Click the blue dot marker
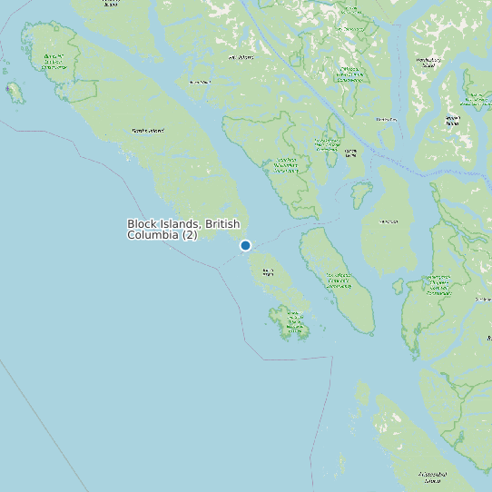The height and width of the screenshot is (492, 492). click(x=245, y=245)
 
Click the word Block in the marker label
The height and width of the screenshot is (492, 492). click(x=143, y=223)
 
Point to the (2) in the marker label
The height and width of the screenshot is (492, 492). click(x=189, y=235)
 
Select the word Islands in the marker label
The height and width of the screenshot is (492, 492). click(x=182, y=223)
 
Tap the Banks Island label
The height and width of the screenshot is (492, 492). click(x=148, y=131)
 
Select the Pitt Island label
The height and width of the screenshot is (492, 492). click(x=241, y=57)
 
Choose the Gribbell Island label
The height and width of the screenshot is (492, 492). click(x=386, y=119)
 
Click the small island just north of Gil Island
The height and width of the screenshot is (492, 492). click(x=361, y=193)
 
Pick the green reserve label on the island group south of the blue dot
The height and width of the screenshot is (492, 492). click(x=293, y=319)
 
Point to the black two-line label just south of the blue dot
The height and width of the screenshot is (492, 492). click(x=268, y=271)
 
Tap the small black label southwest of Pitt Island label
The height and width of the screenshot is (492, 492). click(x=199, y=82)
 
